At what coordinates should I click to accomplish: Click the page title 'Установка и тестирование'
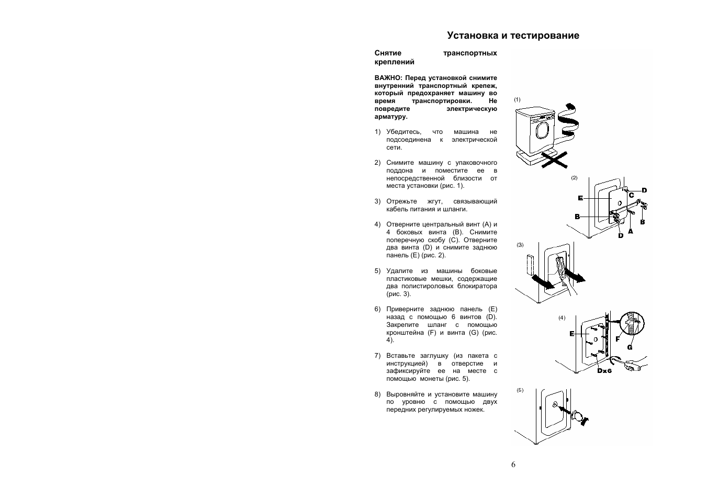pyautogui.click(x=513, y=36)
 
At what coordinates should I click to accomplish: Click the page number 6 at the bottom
pyautogui.click(x=513, y=464)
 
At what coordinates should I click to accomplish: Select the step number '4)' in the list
pyautogui.click(x=377, y=224)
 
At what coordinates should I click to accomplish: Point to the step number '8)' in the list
pyautogui.click(x=377, y=394)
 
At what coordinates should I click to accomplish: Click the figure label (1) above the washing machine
pyautogui.click(x=517, y=99)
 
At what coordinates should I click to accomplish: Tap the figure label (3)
pyautogui.click(x=520, y=245)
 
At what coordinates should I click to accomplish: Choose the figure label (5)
pyautogui.click(x=520, y=390)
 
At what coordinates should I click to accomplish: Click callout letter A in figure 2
pyautogui.click(x=630, y=231)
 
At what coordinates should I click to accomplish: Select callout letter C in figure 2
pyautogui.click(x=631, y=195)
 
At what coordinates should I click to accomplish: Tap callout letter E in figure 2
pyautogui.click(x=580, y=198)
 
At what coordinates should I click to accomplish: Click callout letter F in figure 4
pyautogui.click(x=618, y=339)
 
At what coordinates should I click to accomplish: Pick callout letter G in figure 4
pyautogui.click(x=630, y=347)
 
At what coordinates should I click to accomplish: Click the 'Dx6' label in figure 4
pyautogui.click(x=604, y=371)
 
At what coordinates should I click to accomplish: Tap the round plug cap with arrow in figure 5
pyautogui.click(x=578, y=415)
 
